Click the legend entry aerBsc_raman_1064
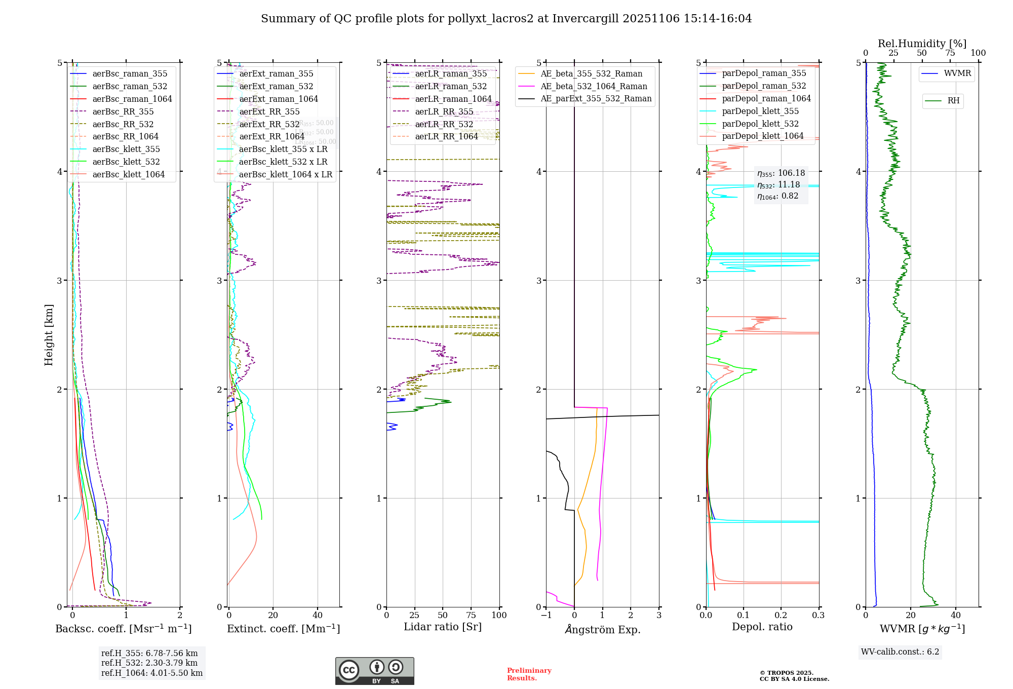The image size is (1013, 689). coord(132,99)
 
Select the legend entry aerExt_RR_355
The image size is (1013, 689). coord(269,111)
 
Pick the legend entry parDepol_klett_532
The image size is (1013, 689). coord(760,124)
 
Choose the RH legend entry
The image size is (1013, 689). coord(953,101)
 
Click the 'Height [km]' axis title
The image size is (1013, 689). coord(49,335)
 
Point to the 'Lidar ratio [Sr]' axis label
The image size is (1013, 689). coord(443,627)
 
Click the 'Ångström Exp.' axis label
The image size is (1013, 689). coord(603,629)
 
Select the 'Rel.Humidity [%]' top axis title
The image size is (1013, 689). coord(922,44)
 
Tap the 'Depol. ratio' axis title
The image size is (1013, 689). coord(762,627)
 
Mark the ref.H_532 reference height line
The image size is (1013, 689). coord(149,663)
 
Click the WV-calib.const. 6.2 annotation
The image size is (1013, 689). coord(900,652)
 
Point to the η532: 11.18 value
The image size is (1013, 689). coord(779,185)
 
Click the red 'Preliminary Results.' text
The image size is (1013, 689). coord(529,674)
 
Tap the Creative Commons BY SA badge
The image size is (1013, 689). coord(374,671)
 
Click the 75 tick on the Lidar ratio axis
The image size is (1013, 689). coord(471,615)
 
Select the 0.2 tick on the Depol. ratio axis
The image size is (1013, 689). coord(781,615)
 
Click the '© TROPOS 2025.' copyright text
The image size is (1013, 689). coord(786,673)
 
